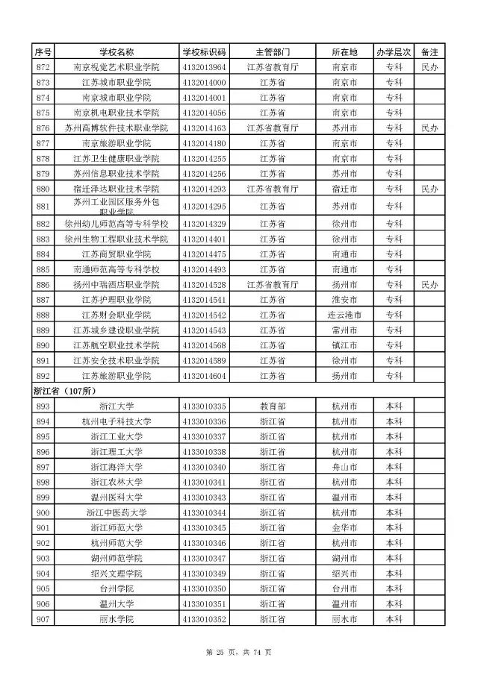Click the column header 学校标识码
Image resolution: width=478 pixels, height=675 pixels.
204,52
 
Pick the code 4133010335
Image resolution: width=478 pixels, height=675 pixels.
204,406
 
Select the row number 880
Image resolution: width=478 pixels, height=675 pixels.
43,189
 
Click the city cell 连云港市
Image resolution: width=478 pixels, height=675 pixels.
344,315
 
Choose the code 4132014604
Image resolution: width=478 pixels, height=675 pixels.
204,375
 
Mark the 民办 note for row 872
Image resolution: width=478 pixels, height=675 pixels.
429,67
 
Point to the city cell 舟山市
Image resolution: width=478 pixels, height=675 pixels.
344,467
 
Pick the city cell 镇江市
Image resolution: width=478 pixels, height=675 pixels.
344,345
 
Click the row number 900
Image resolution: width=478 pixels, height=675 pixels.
43,512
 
